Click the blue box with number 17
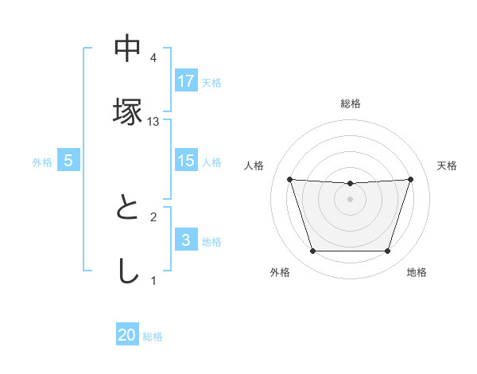click(186, 81)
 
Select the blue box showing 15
click(186, 161)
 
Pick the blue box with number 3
click(186, 240)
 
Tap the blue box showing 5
click(68, 161)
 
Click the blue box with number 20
click(127, 336)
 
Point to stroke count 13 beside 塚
click(154, 121)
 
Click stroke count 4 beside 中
click(153, 58)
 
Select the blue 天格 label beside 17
click(211, 82)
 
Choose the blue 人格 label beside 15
click(211, 162)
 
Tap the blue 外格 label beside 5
click(42, 162)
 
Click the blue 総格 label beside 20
click(153, 337)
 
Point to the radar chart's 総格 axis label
click(351, 103)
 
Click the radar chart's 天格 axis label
click(447, 166)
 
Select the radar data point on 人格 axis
click(289, 179)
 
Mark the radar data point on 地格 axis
click(388, 251)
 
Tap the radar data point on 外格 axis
click(312, 251)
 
